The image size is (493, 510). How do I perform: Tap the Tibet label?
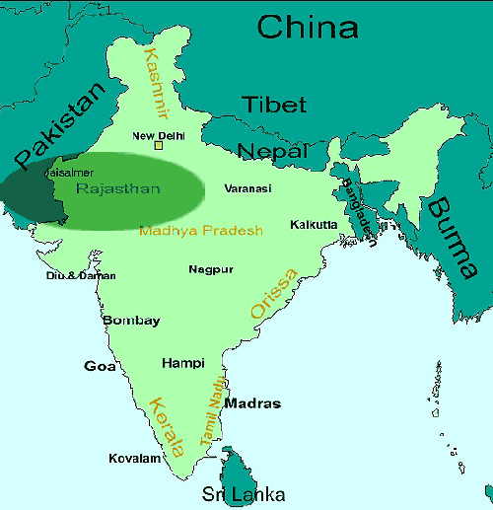click(275, 105)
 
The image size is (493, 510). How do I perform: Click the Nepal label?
click(272, 151)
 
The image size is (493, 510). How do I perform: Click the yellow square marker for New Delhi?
click(158, 147)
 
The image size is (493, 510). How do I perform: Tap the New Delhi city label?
click(158, 135)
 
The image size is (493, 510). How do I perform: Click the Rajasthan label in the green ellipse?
click(117, 187)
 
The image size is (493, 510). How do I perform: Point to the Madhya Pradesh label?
click(201, 231)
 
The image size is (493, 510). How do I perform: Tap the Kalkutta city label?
click(314, 225)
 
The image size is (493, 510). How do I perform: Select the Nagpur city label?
click(211, 269)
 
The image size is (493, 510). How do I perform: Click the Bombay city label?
click(131, 321)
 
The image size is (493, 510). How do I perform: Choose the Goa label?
click(100, 366)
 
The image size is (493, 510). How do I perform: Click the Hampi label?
click(182, 362)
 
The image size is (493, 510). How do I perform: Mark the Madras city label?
click(252, 403)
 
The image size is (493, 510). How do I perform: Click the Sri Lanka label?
click(244, 494)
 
